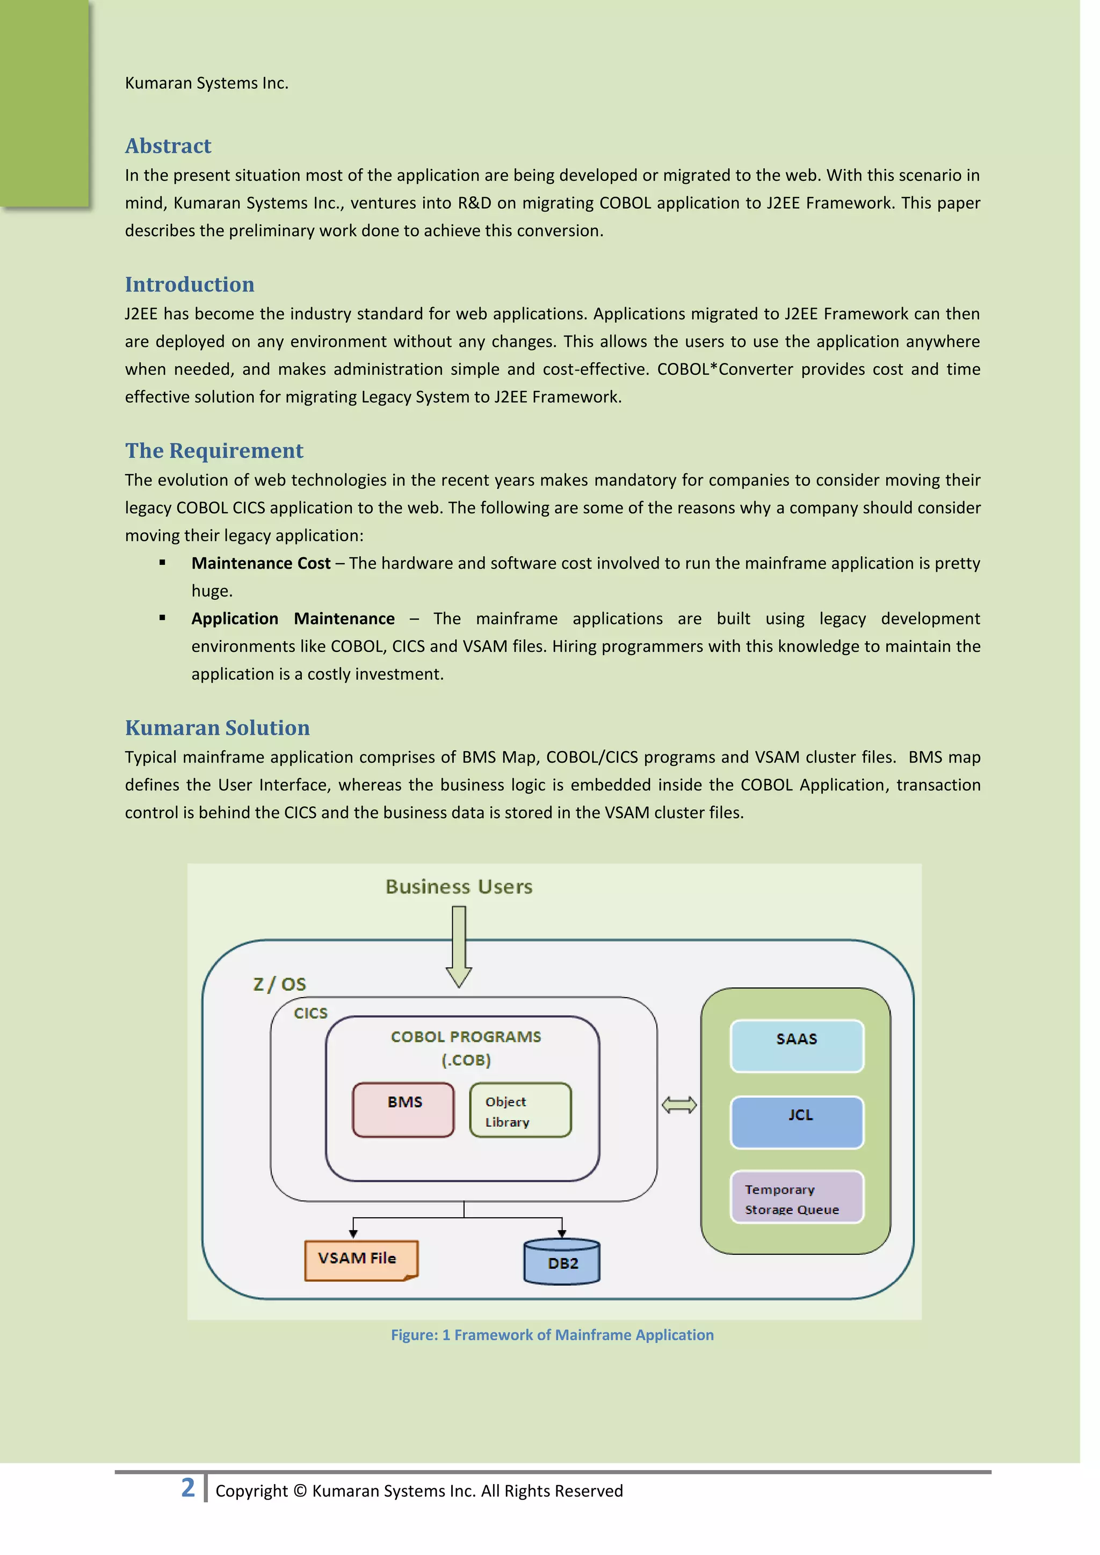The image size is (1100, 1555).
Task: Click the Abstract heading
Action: (168, 146)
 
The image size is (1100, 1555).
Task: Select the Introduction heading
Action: (190, 285)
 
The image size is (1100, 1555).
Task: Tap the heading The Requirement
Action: (214, 450)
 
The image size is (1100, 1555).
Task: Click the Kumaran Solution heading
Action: (218, 728)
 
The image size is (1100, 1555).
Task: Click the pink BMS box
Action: (404, 1110)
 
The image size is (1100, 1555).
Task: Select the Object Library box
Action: (520, 1110)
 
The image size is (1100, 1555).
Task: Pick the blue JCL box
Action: (797, 1122)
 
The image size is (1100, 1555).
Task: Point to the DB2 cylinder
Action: (562, 1262)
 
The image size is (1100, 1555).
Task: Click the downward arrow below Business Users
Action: (459, 947)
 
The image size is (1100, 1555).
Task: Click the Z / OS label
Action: (279, 984)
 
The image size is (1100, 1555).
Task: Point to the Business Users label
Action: (459, 887)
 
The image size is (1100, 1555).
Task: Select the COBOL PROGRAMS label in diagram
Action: (466, 1037)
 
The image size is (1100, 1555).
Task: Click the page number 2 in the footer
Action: (187, 1488)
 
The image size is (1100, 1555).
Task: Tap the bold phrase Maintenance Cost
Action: (261, 563)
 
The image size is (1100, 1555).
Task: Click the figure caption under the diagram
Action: (552, 1335)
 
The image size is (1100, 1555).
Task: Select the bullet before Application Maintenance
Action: (163, 617)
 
